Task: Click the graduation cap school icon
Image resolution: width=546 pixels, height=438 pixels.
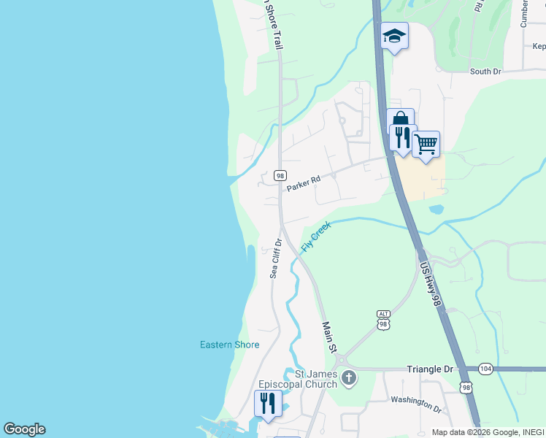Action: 394,36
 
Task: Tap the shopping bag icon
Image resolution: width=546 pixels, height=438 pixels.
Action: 400,120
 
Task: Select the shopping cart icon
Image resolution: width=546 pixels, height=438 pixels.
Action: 426,145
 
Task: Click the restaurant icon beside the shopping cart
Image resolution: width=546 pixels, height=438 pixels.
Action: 403,137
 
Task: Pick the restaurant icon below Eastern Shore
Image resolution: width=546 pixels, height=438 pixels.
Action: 268,404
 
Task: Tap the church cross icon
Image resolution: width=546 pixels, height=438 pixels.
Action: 349,377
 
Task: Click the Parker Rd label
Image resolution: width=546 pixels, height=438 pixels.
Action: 304,182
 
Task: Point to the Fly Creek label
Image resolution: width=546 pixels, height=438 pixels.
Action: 316,237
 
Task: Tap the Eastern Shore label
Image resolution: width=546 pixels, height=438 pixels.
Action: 230,345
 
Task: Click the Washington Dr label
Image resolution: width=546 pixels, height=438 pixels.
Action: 416,401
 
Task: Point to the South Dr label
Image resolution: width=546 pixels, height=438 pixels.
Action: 485,72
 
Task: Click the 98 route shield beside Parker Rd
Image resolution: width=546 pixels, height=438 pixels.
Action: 280,176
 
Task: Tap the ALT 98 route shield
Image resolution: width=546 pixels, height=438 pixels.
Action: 384,319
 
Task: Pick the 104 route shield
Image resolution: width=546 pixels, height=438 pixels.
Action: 485,369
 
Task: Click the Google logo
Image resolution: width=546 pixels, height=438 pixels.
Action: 24,429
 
